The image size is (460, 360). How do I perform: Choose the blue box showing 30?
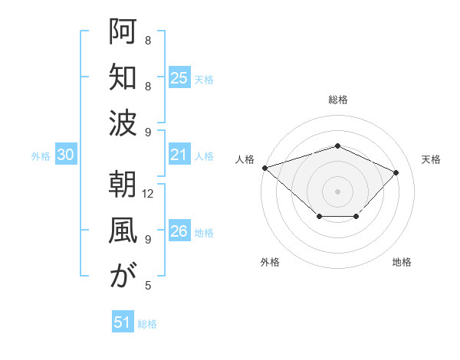(x=66, y=155)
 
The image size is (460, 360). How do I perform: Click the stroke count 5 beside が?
(x=148, y=286)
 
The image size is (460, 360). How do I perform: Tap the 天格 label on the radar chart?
(x=431, y=159)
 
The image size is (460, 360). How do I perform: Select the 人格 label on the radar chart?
(x=245, y=159)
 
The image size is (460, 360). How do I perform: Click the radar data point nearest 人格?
(x=264, y=167)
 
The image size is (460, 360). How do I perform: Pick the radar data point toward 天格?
(x=396, y=172)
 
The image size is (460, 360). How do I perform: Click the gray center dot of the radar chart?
(x=337, y=191)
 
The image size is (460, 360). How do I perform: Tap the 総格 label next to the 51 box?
(x=147, y=323)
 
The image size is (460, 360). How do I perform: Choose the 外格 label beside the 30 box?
(x=41, y=156)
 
